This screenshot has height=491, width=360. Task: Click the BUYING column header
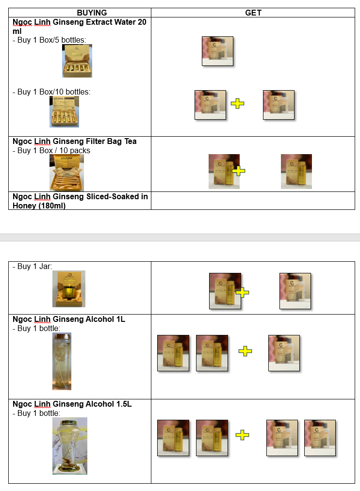92,13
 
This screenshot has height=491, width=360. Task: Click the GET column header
253,13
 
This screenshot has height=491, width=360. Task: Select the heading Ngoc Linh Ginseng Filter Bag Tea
75,141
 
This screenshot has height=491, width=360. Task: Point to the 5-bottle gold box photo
77,61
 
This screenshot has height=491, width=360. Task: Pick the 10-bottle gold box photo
64,112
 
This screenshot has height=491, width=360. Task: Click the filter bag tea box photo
67,173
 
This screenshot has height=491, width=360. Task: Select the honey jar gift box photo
69,289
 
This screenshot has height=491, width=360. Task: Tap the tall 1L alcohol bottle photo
62,362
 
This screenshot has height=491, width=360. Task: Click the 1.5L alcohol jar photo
70,446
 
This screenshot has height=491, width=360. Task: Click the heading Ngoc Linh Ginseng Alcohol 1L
69,319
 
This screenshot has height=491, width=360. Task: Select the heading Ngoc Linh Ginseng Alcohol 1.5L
72,404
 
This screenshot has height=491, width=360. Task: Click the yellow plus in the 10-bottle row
238,104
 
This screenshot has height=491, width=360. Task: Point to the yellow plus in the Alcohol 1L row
245,351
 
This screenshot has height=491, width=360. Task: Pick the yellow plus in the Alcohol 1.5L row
242,435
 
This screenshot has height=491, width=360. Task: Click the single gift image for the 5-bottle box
217,51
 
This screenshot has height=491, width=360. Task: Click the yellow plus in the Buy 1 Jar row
242,292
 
